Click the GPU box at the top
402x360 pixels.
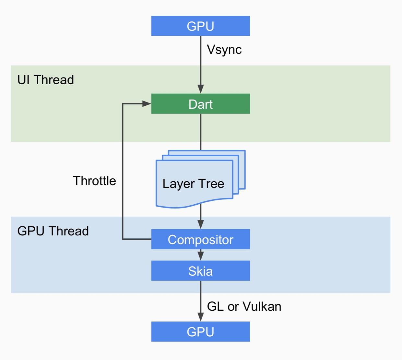pos(200,26)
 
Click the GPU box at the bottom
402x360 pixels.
pos(200,331)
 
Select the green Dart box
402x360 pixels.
pos(200,104)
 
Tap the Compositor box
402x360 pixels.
pos(200,239)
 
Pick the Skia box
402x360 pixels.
pos(200,271)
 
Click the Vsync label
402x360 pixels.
pos(224,50)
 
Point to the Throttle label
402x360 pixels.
pos(94,181)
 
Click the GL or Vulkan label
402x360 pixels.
pos(244,306)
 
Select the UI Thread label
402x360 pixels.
pos(46,80)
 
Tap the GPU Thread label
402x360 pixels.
pos(53,231)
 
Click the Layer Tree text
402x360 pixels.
pos(193,184)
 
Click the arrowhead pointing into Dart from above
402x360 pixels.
pos(201,89)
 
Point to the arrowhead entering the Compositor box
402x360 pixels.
pos(201,224)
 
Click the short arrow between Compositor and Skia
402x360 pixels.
pos(201,255)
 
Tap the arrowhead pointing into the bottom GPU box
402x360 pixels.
pos(201,317)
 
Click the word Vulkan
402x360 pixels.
pos(262,306)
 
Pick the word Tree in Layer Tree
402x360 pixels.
pos(211,184)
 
